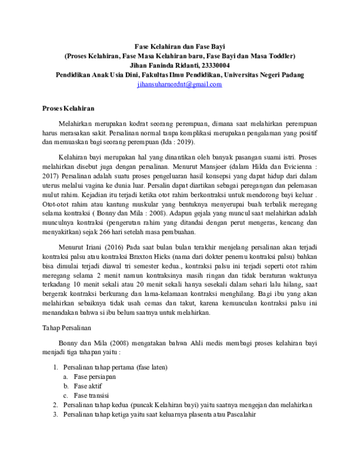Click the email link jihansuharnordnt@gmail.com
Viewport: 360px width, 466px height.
[x=180, y=85]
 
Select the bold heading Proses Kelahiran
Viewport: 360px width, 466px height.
[x=69, y=108]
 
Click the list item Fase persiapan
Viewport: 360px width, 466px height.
[x=95, y=377]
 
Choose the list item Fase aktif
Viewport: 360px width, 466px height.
[x=88, y=386]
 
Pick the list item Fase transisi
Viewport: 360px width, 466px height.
[x=91, y=396]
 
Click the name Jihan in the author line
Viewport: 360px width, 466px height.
[x=141, y=65]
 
